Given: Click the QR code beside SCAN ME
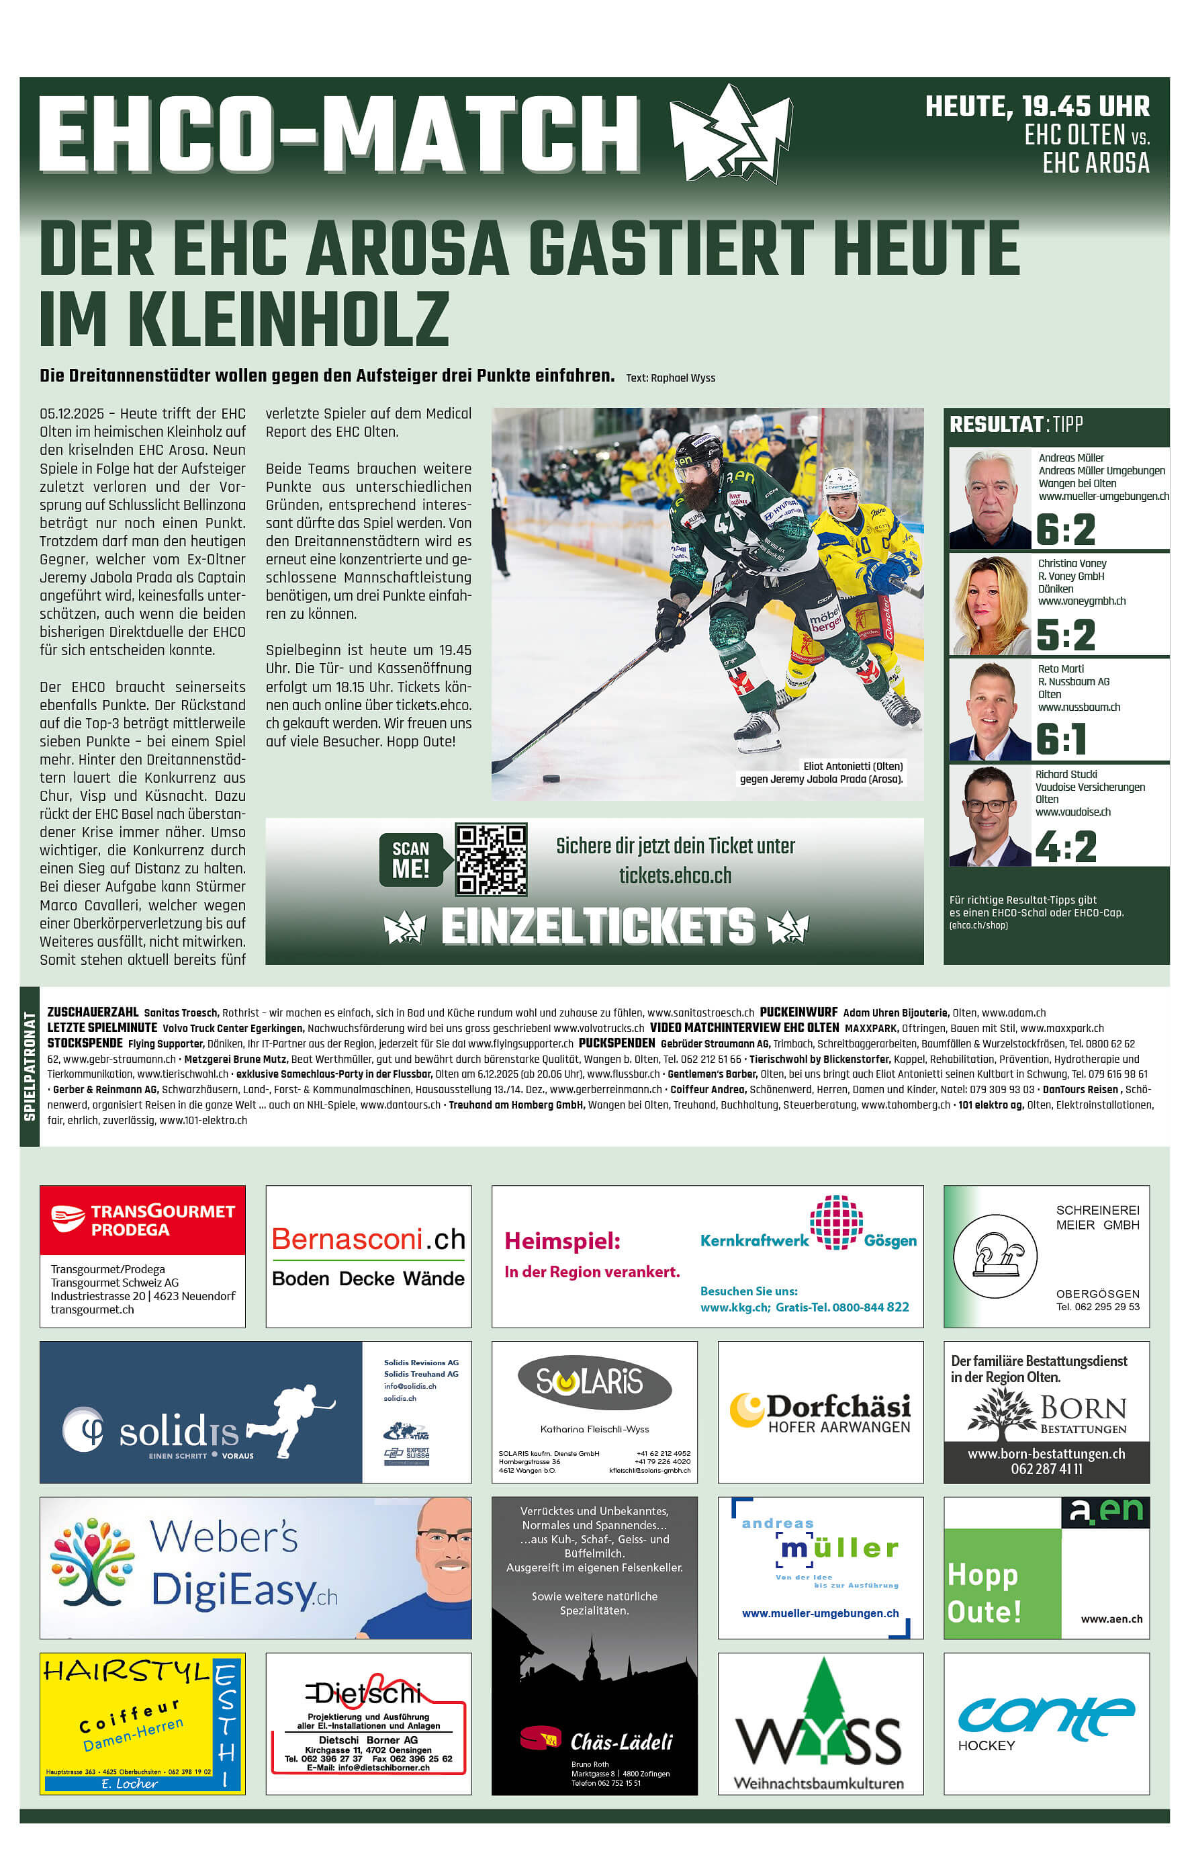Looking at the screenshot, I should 491,859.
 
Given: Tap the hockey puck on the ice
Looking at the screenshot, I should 551,778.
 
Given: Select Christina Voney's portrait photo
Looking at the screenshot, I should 989,605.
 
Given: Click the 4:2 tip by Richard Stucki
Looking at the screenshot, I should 1066,847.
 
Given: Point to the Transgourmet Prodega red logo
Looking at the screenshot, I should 142,1219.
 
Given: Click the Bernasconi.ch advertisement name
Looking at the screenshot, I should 368,1239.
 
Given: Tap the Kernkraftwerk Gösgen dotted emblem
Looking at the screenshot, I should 836,1221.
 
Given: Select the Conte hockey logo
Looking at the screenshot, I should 1046,1716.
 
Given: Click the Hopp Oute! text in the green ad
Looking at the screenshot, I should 985,1592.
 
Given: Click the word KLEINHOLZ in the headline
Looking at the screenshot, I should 287,318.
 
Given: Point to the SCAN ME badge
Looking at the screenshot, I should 411,859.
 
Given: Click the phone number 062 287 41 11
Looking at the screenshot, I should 1046,1469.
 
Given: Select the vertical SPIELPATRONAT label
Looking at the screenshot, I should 30,1066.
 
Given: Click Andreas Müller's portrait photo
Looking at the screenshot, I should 990,499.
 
